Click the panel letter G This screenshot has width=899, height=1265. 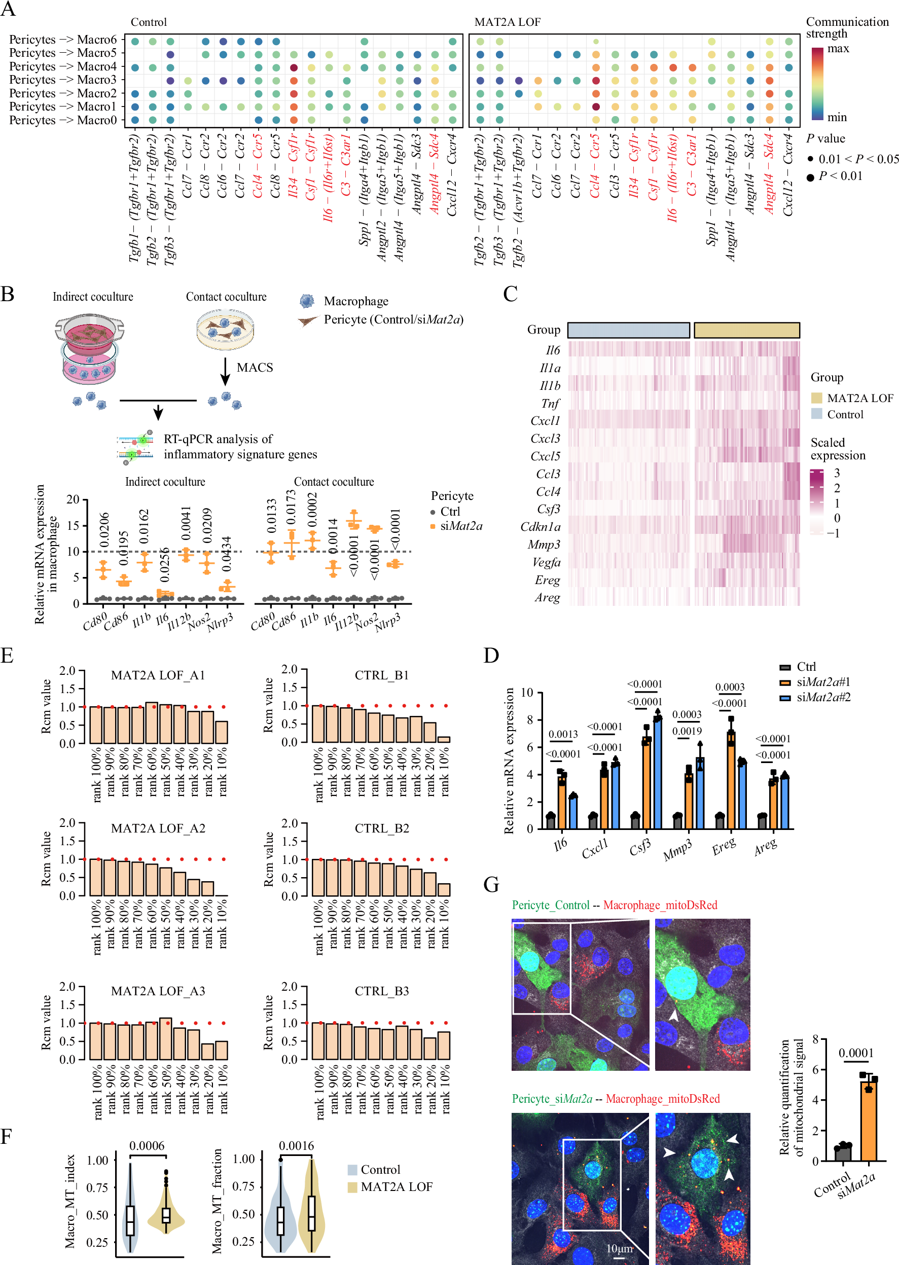click(x=491, y=884)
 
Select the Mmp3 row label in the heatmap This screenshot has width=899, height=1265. click(x=544, y=545)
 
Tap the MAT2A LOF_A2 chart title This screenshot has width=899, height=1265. click(x=158, y=828)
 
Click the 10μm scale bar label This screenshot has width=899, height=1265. click(x=619, y=1249)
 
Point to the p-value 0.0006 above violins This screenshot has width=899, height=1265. click(x=147, y=1145)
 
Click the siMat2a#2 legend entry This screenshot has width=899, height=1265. click(x=822, y=697)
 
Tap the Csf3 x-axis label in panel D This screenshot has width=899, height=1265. click(x=640, y=847)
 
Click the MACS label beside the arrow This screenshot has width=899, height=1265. click(x=255, y=368)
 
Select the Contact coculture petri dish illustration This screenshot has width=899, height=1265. click(x=225, y=329)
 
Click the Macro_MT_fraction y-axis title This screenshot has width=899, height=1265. click(x=218, y=1201)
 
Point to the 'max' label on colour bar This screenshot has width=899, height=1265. click(x=838, y=49)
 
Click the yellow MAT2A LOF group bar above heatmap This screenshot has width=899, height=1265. click(x=746, y=331)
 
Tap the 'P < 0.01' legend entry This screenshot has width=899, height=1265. click(x=840, y=176)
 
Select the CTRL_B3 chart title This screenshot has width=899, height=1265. click(x=381, y=991)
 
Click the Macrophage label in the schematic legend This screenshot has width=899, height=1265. click(x=355, y=301)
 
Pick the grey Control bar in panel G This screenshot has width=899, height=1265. click(x=843, y=1153)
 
